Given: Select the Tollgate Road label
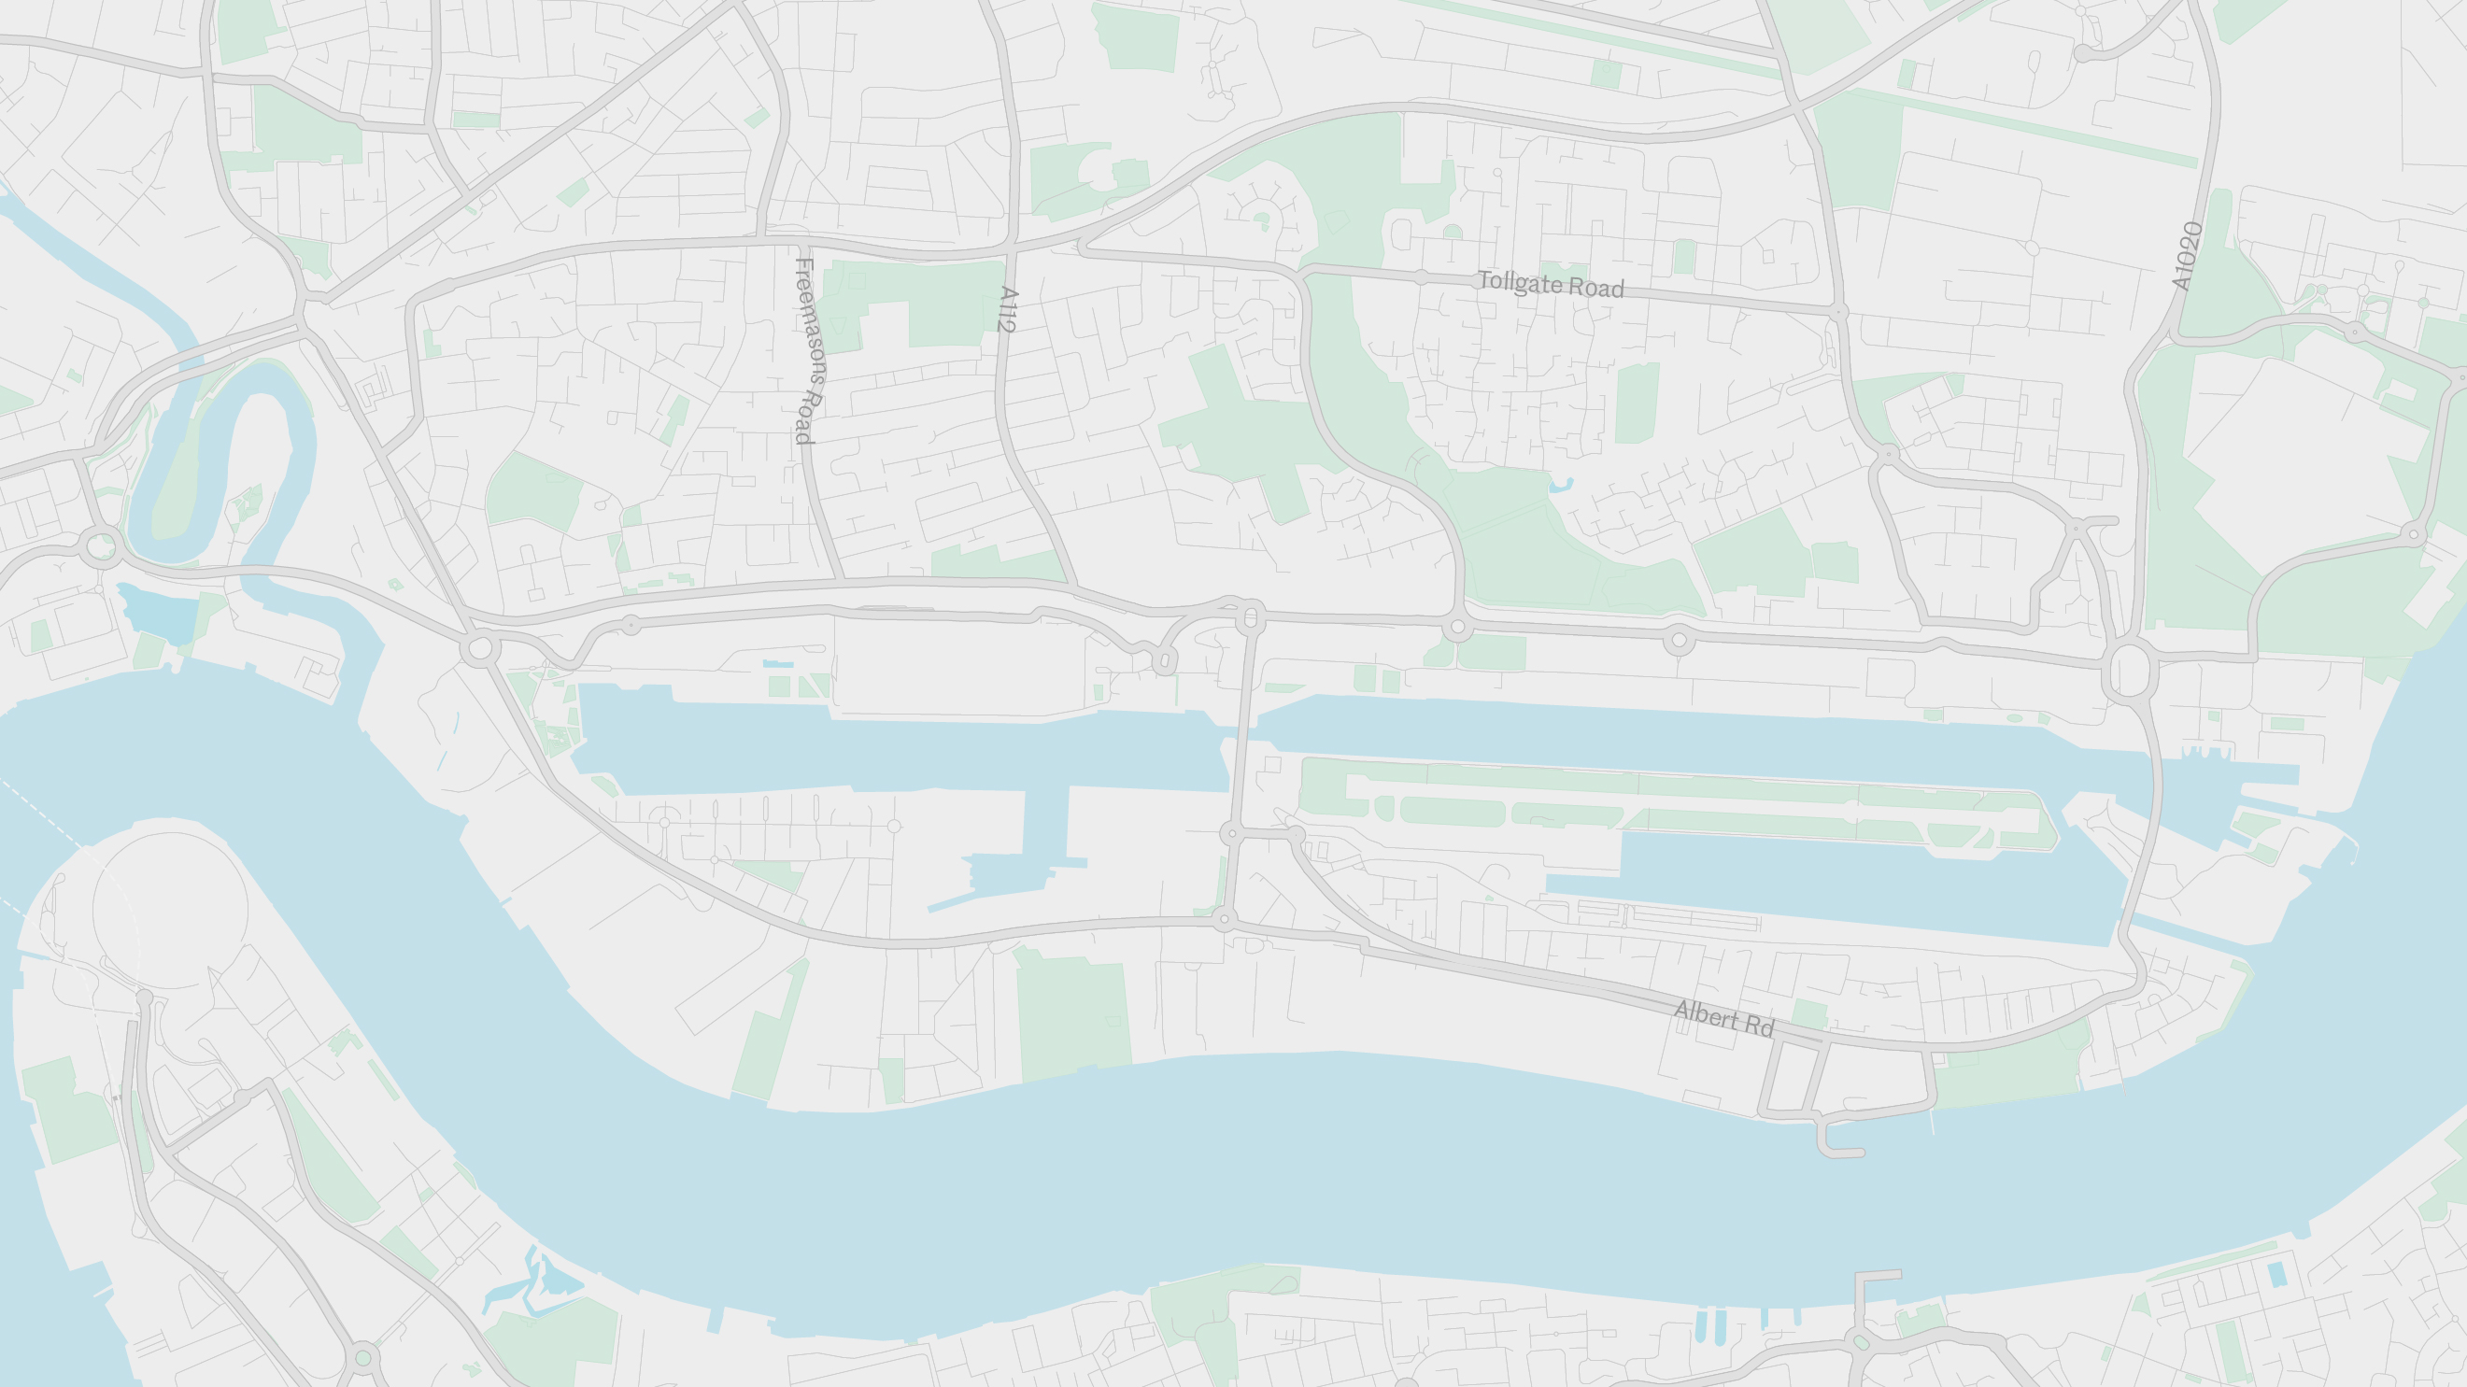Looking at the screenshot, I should [1551, 285].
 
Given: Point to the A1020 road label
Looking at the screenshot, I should [2187, 256].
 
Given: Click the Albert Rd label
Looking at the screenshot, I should [1723, 1018].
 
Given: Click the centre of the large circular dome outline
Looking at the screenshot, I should [170, 909].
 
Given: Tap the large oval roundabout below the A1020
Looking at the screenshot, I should [2129, 671].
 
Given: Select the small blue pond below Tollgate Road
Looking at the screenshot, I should [1561, 486].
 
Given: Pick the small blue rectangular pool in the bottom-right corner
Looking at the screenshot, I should [2276, 1274].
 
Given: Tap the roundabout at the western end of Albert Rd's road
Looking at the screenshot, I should [1224, 921].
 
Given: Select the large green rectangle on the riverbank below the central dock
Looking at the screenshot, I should [1072, 1015].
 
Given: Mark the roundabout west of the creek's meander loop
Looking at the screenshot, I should [100, 548].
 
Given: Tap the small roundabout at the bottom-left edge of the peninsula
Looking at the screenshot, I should [363, 1357].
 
